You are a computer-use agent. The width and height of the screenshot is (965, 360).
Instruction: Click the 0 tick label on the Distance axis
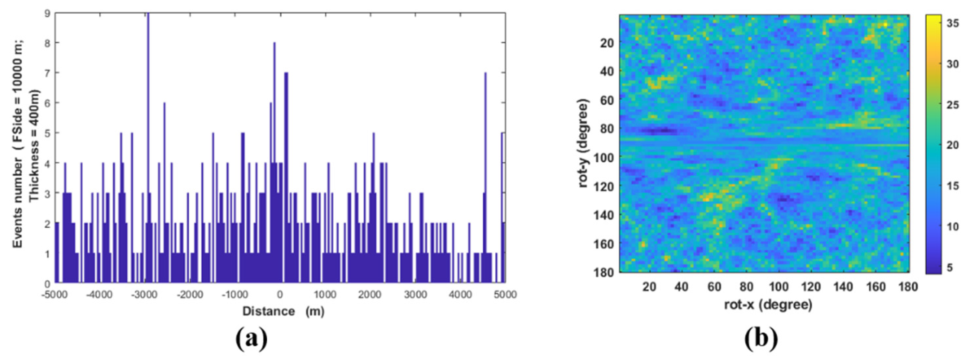(280, 295)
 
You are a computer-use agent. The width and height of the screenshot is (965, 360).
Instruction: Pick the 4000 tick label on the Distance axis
(460, 295)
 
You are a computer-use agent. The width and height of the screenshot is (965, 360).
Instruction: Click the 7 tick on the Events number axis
(47, 73)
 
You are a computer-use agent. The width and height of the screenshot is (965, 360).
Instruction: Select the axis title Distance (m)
(283, 311)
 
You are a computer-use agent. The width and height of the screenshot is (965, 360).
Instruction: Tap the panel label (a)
(252, 338)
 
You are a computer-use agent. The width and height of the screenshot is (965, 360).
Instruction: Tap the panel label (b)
(761, 338)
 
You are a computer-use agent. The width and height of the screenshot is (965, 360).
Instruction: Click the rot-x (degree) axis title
(768, 304)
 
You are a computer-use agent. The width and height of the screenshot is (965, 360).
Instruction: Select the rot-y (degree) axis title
(583, 144)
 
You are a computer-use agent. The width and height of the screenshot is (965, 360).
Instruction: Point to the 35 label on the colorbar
(953, 24)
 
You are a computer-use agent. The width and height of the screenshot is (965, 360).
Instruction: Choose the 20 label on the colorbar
(953, 145)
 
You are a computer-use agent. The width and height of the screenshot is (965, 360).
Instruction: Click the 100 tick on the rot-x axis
(778, 287)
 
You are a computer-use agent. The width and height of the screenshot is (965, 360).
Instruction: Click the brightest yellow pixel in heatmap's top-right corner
(885, 25)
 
